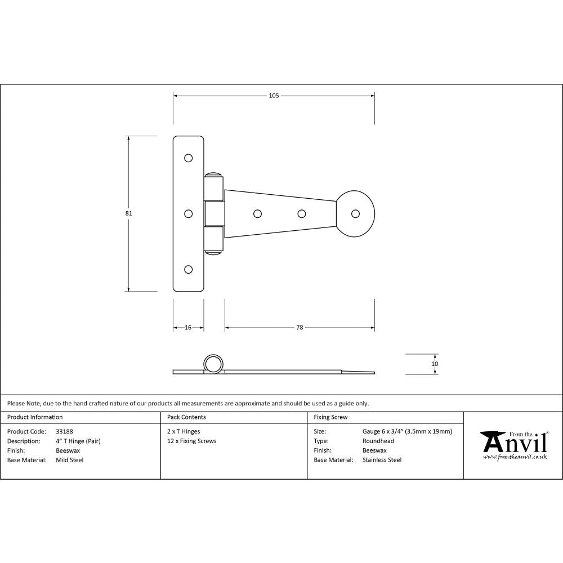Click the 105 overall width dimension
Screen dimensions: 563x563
(x=274, y=96)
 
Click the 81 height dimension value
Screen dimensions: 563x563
(x=129, y=213)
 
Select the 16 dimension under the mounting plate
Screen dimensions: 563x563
(x=188, y=327)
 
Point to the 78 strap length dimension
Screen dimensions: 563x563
(x=300, y=327)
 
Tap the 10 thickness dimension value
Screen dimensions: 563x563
(x=434, y=364)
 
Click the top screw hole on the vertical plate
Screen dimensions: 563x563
(x=189, y=158)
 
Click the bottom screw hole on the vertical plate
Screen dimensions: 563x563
(x=189, y=269)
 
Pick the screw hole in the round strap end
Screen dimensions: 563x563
(x=355, y=213)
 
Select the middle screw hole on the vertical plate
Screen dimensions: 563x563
(x=189, y=213)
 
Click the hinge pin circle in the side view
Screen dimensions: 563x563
(x=213, y=364)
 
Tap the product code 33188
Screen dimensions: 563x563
(x=65, y=432)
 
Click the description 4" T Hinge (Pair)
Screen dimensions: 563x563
(x=78, y=441)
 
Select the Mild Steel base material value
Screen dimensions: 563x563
(x=70, y=460)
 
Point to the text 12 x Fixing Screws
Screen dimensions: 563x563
(x=192, y=441)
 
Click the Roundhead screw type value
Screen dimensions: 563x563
(x=378, y=441)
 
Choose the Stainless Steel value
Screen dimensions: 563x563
(x=382, y=460)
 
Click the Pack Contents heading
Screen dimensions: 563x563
(x=186, y=417)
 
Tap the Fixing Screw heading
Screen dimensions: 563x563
(x=330, y=417)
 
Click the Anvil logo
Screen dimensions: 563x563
(x=513, y=445)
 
